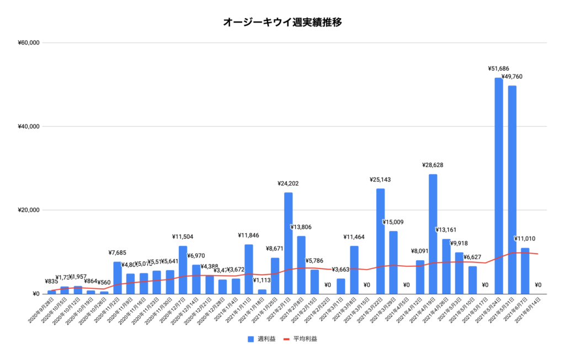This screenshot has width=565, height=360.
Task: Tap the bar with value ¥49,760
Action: point(512,190)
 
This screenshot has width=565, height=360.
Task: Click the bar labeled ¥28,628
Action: point(433,234)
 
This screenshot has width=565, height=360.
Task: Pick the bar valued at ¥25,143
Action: point(380,241)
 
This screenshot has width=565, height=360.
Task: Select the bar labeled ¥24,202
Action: point(288,243)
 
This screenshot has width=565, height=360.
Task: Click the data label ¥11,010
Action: point(525,239)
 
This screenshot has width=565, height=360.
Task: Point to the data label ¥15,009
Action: point(393,222)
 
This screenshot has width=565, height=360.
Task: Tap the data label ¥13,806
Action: point(301,227)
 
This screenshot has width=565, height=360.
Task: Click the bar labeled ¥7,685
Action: point(118,278)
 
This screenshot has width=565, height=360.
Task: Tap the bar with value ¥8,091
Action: point(420,277)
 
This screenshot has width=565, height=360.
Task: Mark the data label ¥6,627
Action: point(473,257)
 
